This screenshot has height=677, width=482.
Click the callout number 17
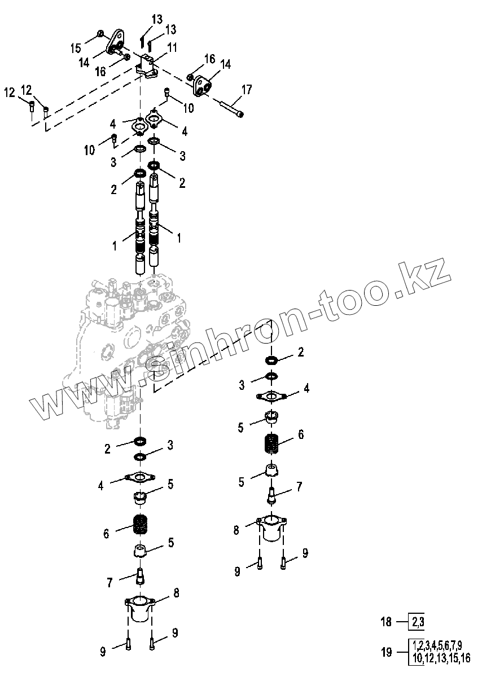pos(247,89)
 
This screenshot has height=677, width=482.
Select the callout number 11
pos(172,48)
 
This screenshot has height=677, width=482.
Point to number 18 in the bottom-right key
pos(386,622)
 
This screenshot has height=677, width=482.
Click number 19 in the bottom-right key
pos(386,652)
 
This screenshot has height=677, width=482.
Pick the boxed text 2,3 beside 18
pos(418,622)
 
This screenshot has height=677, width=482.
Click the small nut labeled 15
pos(100,34)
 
